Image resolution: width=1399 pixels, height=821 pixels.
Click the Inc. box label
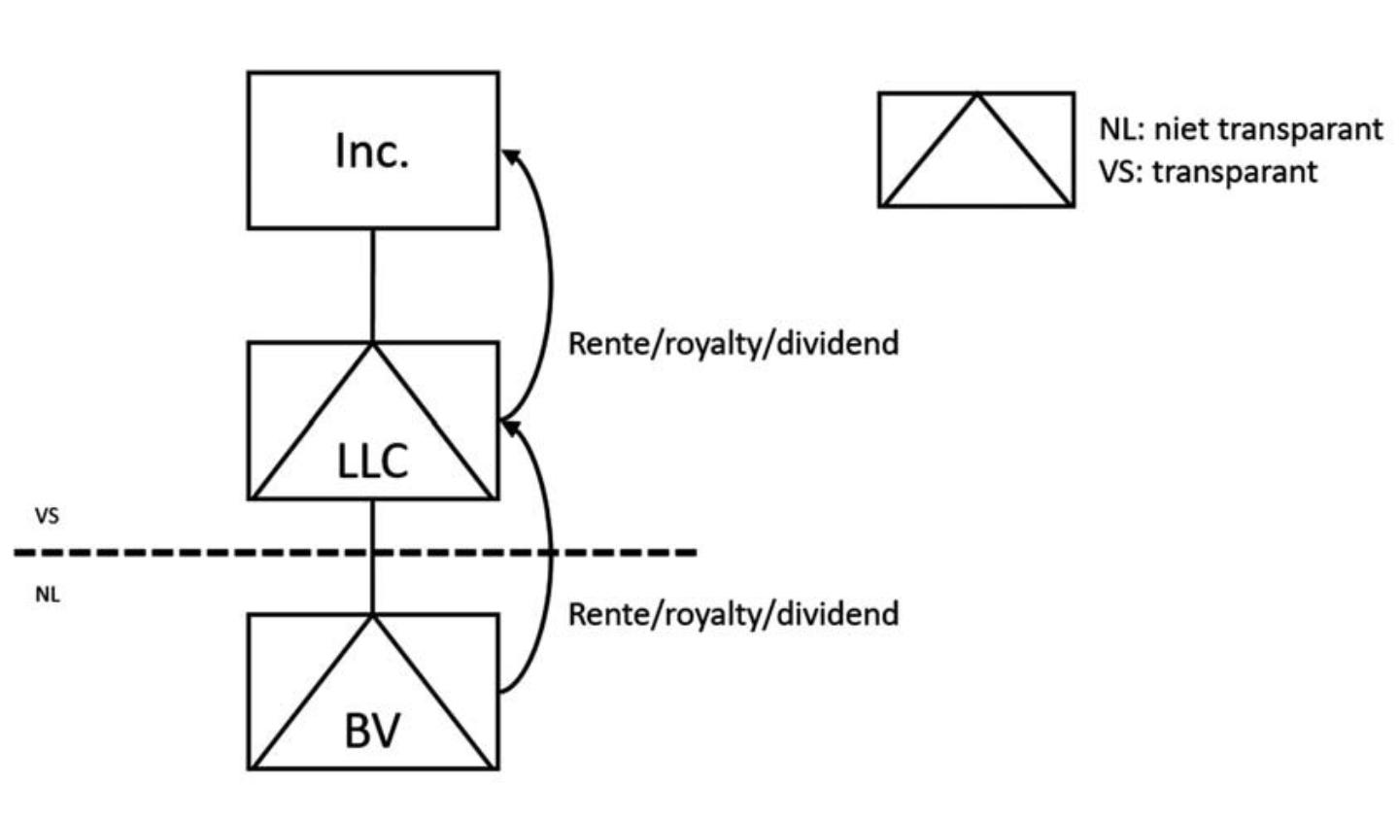point(372,152)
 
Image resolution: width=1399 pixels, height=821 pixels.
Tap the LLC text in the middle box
point(372,462)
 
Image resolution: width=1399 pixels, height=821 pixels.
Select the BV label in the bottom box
point(372,731)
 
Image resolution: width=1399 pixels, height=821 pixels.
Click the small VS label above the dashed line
point(47,517)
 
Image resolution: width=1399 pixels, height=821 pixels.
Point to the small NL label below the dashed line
point(47,595)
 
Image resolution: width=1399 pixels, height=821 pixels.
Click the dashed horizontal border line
point(194,553)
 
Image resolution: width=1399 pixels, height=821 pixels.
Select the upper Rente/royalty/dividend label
point(733,343)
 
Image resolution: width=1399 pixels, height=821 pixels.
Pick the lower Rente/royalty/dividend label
point(733,614)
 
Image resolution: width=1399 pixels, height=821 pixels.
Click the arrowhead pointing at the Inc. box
point(510,155)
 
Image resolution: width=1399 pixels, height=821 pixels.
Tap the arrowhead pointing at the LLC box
point(510,427)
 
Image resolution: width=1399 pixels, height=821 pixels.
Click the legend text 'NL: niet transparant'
point(1241,129)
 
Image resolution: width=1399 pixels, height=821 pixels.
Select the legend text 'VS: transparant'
point(1209,172)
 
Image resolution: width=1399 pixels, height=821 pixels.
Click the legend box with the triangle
point(976,150)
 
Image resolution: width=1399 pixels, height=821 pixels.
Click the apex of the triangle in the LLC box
point(373,344)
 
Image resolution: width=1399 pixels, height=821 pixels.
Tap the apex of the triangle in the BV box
point(373,615)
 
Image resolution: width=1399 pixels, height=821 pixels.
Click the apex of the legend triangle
point(977,94)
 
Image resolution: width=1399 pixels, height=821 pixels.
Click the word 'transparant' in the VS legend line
point(1235,172)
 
